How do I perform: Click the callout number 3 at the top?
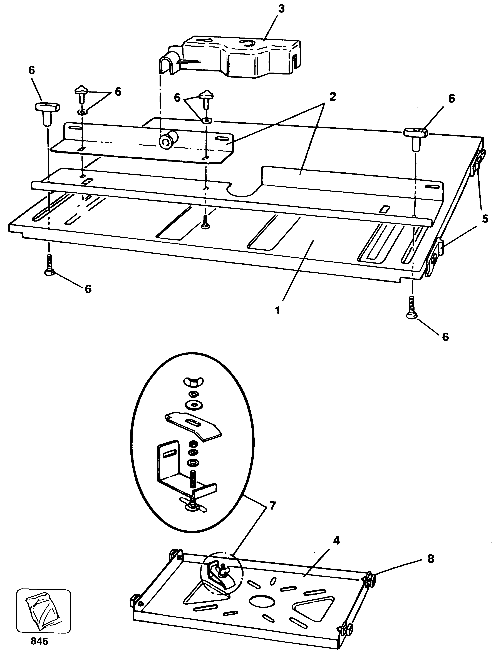coord(281,9)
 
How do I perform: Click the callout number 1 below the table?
coord(278,310)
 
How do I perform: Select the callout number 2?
coord(332,96)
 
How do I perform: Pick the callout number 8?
coord(431,559)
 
